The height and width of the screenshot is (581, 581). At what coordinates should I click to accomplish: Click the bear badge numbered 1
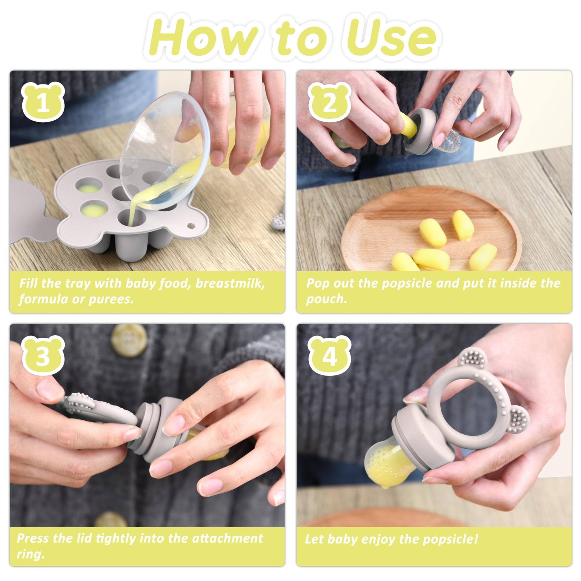(43, 101)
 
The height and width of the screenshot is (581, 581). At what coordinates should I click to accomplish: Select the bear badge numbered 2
(330, 101)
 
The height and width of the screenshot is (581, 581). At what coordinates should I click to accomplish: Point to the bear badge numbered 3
(43, 356)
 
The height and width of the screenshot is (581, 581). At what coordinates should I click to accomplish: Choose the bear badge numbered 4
(330, 356)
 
